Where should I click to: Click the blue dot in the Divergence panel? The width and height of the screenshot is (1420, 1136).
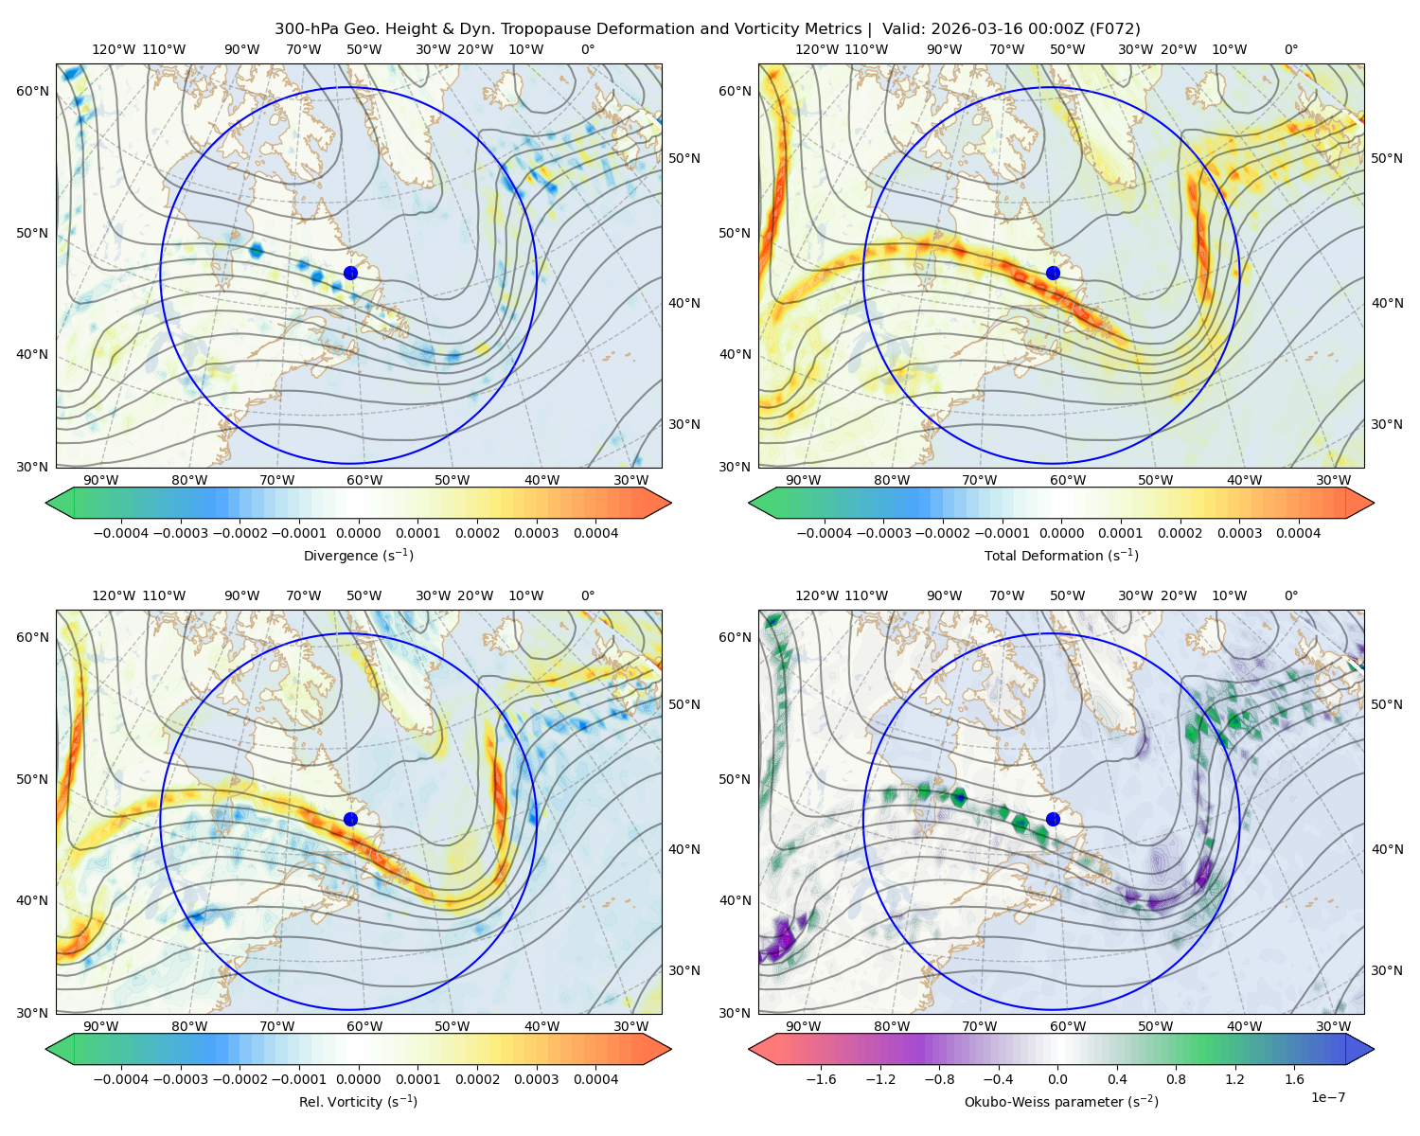point(350,273)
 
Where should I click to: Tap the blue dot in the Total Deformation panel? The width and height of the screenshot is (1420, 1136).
point(1053,273)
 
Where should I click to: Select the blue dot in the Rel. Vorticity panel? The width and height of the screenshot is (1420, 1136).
point(350,819)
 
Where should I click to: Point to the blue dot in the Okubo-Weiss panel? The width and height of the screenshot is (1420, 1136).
point(1053,819)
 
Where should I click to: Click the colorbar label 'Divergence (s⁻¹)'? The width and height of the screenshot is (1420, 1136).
point(358,555)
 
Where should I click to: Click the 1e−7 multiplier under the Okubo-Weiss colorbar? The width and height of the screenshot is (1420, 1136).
point(1327,1097)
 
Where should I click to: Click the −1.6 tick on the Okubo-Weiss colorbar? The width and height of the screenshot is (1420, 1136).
point(821,1078)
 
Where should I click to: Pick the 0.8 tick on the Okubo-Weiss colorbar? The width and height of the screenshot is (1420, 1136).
point(1176,1078)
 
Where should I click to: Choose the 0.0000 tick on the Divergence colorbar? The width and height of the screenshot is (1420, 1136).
point(358,533)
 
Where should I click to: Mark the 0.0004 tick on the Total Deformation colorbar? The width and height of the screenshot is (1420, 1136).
point(1298,533)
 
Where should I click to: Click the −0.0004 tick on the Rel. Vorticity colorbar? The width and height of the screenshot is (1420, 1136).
point(121,1078)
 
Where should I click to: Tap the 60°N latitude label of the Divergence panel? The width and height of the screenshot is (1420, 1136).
point(32,91)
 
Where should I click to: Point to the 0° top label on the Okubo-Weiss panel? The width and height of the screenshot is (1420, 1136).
point(1290,595)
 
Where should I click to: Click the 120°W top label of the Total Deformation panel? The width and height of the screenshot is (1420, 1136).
point(817,49)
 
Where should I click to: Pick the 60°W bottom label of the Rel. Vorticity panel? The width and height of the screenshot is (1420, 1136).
point(364,1026)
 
